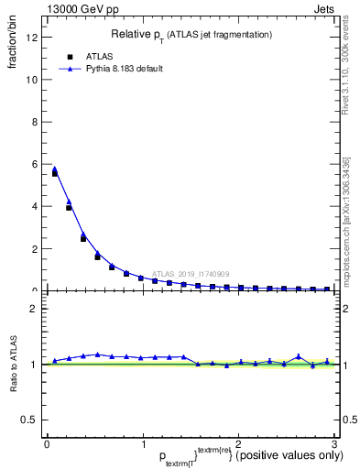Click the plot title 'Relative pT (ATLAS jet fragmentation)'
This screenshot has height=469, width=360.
pyautogui.click(x=191, y=34)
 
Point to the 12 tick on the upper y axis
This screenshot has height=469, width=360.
pyautogui.click(x=34, y=38)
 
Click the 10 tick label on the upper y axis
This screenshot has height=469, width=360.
pyautogui.click(x=34, y=80)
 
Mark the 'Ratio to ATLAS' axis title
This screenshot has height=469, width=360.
pyautogui.click(x=15, y=365)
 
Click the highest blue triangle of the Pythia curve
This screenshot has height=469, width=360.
pyautogui.click(x=55, y=169)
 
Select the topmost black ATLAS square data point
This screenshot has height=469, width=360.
pyautogui.click(x=55, y=173)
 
